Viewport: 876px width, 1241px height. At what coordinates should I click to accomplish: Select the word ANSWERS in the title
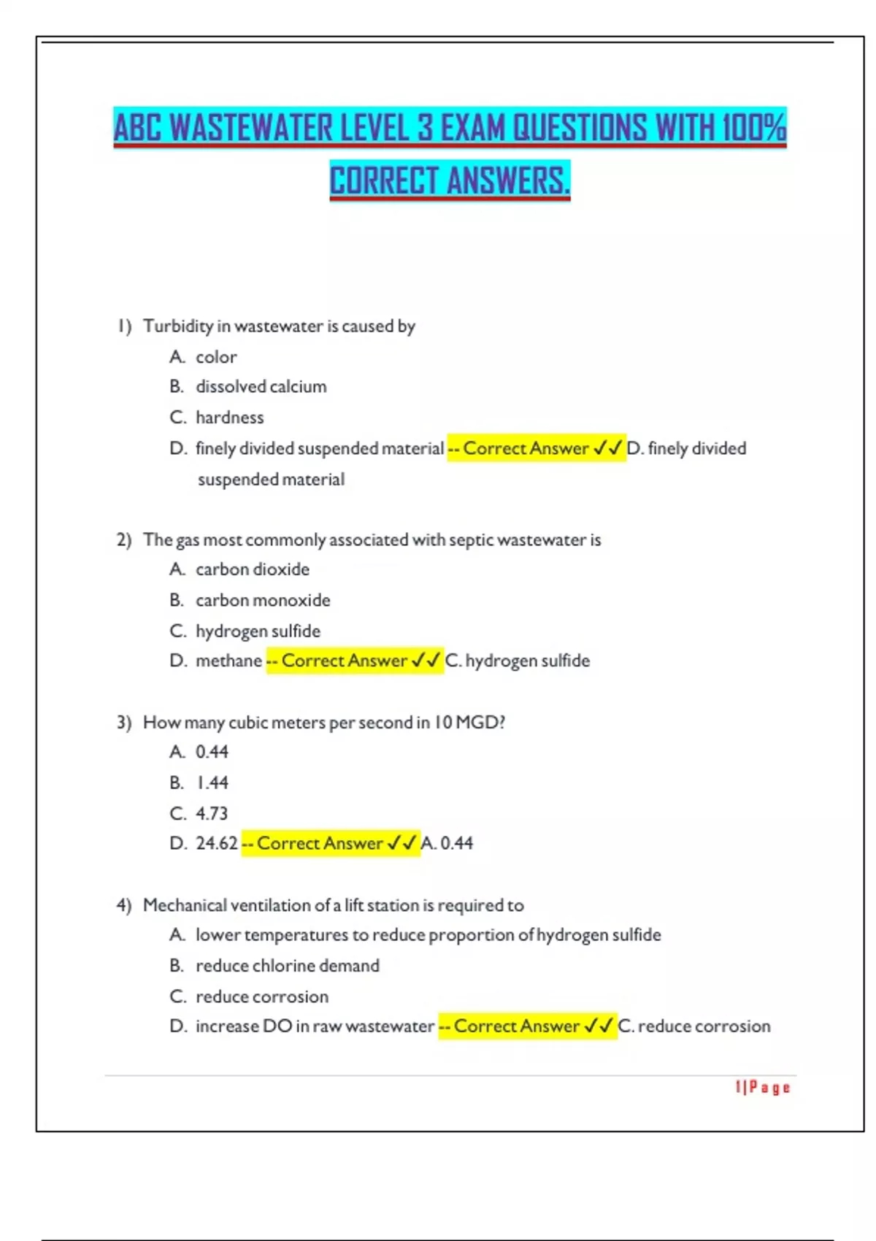(508, 181)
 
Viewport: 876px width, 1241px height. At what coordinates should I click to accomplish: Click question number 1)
(124, 326)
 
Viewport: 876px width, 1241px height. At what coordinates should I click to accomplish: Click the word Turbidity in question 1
(177, 326)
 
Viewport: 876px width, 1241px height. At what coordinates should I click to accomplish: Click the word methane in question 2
(228, 661)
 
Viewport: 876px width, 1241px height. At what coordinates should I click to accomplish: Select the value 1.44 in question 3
(212, 783)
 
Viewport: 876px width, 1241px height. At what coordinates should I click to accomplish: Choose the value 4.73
(212, 813)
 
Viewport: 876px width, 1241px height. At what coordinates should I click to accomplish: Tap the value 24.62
(216, 843)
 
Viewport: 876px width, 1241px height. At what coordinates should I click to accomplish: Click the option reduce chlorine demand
(287, 966)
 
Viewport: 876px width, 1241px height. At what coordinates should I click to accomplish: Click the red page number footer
(762, 1088)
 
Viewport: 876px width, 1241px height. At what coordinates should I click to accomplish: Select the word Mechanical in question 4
(185, 905)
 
